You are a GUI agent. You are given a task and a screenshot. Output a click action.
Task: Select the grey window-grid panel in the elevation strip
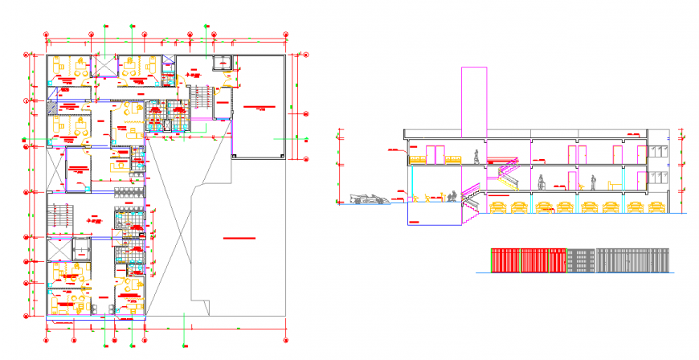pos(582,260)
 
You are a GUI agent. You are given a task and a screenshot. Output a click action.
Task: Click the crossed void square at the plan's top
pos(104,65)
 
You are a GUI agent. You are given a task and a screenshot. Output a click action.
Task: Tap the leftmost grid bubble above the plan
pos(47,35)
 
